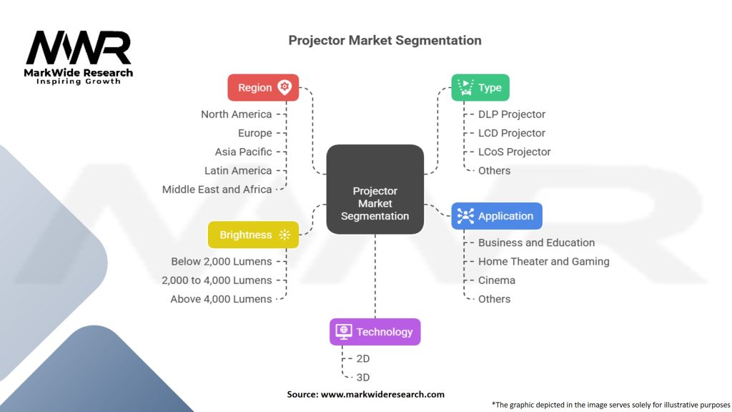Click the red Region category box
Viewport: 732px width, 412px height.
(263, 87)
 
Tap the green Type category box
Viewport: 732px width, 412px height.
(480, 87)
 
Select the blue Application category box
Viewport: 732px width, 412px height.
(497, 216)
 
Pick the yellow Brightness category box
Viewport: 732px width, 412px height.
(253, 235)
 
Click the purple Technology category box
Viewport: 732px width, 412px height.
(375, 332)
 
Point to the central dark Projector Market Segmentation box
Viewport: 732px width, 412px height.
(375, 190)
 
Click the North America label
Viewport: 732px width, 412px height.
(236, 114)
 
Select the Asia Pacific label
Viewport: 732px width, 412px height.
(243, 152)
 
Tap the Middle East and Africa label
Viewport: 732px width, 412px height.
(217, 190)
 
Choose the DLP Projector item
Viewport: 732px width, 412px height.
(511, 114)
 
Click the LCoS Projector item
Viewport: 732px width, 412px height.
(514, 152)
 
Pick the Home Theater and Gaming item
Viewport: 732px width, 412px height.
(543, 262)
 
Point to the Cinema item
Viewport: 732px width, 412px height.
(496, 280)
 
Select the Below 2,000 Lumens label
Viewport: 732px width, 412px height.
(221, 262)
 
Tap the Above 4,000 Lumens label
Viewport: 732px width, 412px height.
(221, 299)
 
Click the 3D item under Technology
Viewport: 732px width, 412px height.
(363, 378)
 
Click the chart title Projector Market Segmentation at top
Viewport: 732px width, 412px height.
(385, 40)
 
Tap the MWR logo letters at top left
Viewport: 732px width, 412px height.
(79, 48)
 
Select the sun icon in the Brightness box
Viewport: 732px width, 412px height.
(285, 235)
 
